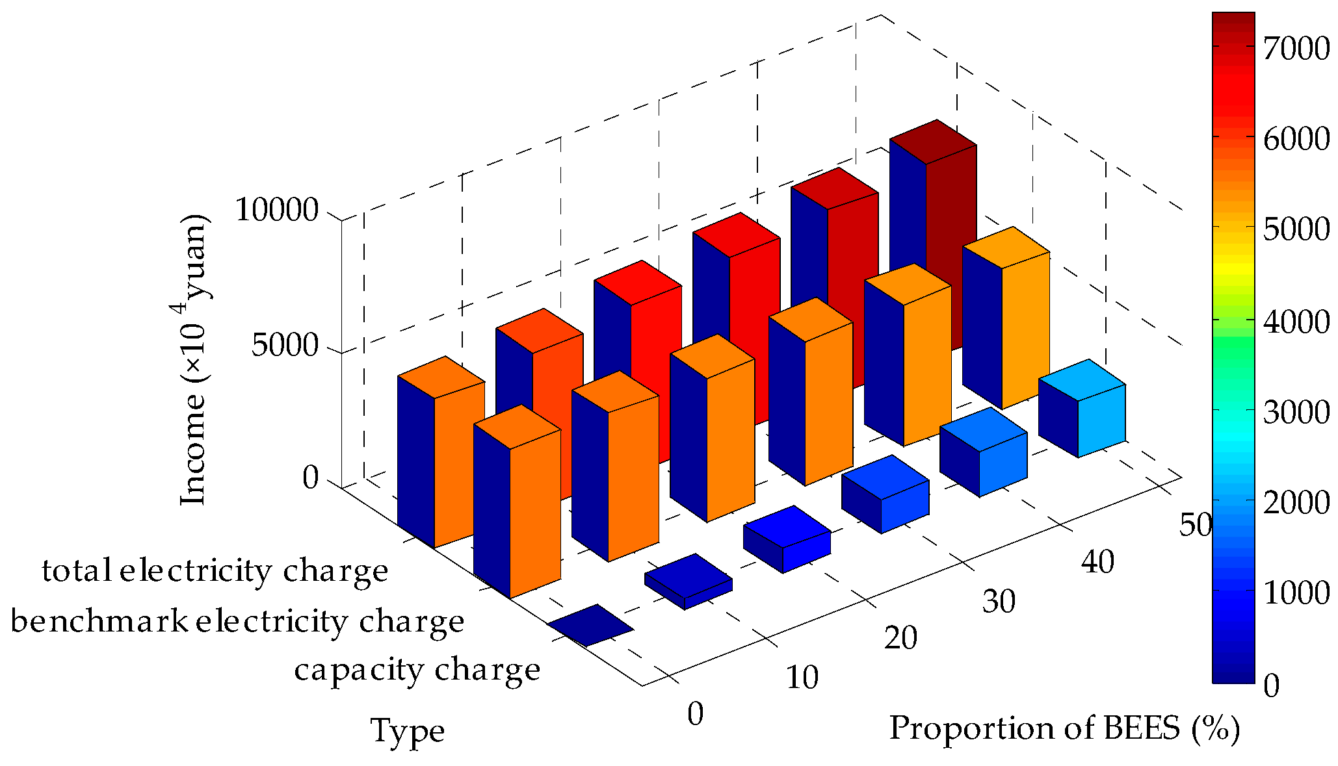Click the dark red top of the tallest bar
point(933,142)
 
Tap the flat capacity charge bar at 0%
point(590,625)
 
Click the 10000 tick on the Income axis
point(276,211)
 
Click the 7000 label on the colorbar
point(1296,49)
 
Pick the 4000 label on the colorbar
point(1296,321)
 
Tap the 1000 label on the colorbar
point(1296,593)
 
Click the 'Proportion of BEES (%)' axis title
point(1064,728)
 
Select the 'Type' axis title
point(408,730)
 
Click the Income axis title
point(193,359)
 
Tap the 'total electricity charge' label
point(215,571)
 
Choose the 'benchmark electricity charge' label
point(237,622)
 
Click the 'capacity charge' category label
point(417,670)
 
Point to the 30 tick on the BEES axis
point(999,601)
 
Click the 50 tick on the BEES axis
point(1195,525)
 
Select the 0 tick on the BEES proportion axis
point(695,714)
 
